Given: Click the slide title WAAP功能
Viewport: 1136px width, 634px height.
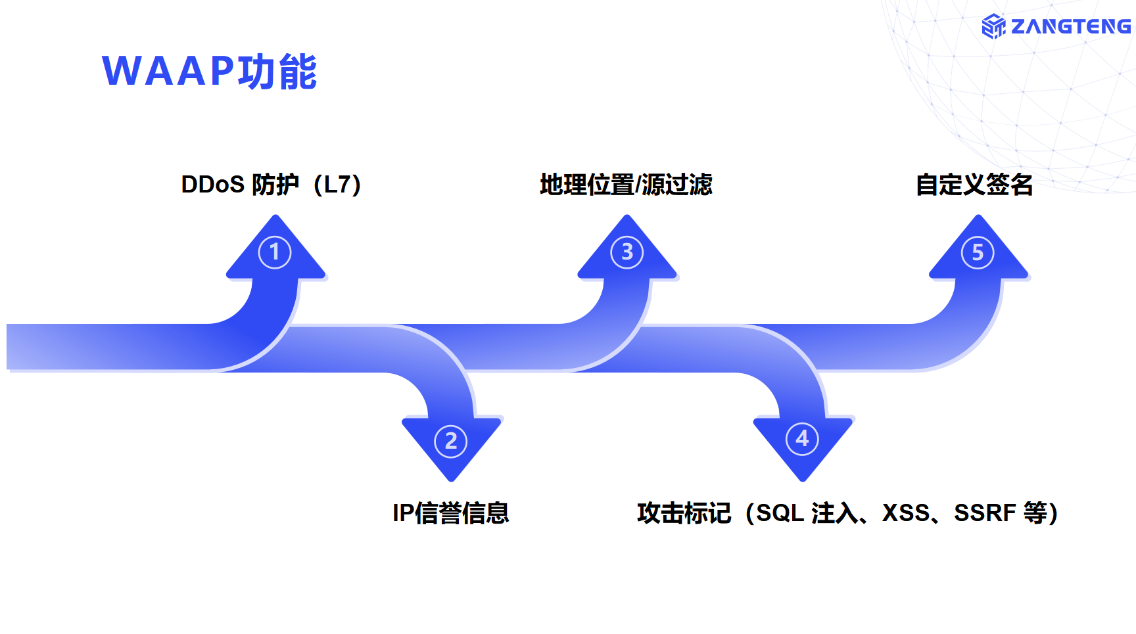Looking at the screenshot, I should coord(209,71).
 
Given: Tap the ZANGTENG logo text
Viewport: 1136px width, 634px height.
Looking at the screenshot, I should coord(1070,26).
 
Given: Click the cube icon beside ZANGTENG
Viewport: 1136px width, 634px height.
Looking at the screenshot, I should coord(993,26).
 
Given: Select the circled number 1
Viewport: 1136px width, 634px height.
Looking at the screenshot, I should coord(275,252).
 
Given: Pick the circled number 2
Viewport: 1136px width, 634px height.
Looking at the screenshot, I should coord(451,441).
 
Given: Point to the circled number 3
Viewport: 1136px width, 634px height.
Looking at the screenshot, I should coord(627,252).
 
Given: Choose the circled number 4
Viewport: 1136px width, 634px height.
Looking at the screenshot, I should coord(802,438).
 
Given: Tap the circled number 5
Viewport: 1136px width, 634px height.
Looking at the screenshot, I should coord(978,252).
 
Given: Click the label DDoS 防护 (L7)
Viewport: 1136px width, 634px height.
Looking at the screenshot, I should coord(271,185).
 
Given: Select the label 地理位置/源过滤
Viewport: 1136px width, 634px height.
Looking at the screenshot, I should coord(626,185).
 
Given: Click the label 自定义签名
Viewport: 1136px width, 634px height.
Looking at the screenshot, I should coord(974,185).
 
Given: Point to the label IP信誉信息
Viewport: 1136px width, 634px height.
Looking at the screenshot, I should coord(451,512).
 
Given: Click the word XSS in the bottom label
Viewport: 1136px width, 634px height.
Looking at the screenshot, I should coord(905,512).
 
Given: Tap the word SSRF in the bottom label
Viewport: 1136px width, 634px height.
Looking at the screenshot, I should coord(984,512).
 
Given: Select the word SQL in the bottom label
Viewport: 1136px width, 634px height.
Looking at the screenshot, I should coord(780,512).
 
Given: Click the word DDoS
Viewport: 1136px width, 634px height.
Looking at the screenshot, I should coord(212,185).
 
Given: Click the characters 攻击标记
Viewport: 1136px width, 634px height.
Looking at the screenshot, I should coord(684,512).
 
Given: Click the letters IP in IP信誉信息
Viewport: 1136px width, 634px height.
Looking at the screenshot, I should coord(403,512).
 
